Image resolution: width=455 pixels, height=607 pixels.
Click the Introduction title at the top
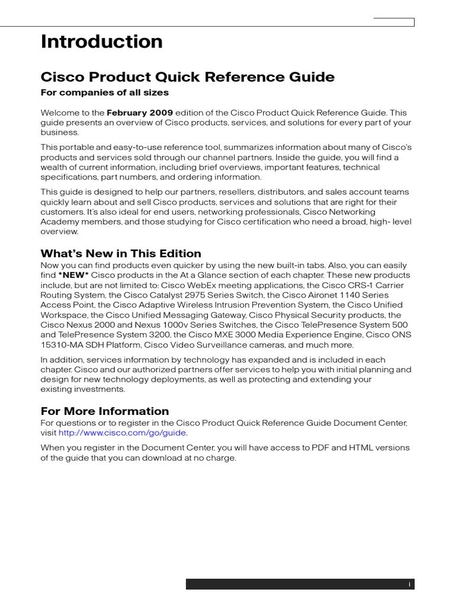pyautogui.click(x=101, y=41)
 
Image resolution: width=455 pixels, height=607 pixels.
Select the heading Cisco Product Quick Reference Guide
pyautogui.click(x=187, y=77)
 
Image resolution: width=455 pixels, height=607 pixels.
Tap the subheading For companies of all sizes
pyautogui.click(x=104, y=92)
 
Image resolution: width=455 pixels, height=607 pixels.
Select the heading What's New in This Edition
pyautogui.click(x=121, y=253)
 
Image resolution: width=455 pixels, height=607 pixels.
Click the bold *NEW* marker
pyautogui.click(x=73, y=275)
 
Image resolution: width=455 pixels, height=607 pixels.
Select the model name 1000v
pyautogui.click(x=160, y=325)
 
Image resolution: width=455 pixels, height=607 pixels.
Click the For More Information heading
pyautogui.click(x=104, y=411)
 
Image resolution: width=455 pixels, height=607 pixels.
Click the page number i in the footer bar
pyautogui.click(x=409, y=584)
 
